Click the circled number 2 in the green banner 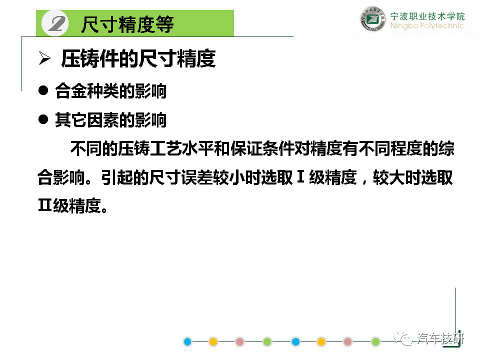point(55,23)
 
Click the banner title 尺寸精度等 point(127,24)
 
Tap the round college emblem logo point(372,19)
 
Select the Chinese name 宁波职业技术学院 point(427,16)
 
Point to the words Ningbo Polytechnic point(427,25)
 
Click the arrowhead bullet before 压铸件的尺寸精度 point(44,58)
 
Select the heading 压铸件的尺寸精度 point(138,58)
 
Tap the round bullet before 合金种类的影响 point(43,90)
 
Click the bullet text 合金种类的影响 point(111,91)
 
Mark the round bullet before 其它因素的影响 point(43,119)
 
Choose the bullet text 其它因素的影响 point(111,119)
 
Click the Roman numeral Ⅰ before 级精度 point(300,177)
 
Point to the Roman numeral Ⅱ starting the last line point(44,205)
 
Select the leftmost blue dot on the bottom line point(187,341)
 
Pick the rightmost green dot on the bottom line point(375,341)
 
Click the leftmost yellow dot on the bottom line point(213,341)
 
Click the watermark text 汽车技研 point(440,338)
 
